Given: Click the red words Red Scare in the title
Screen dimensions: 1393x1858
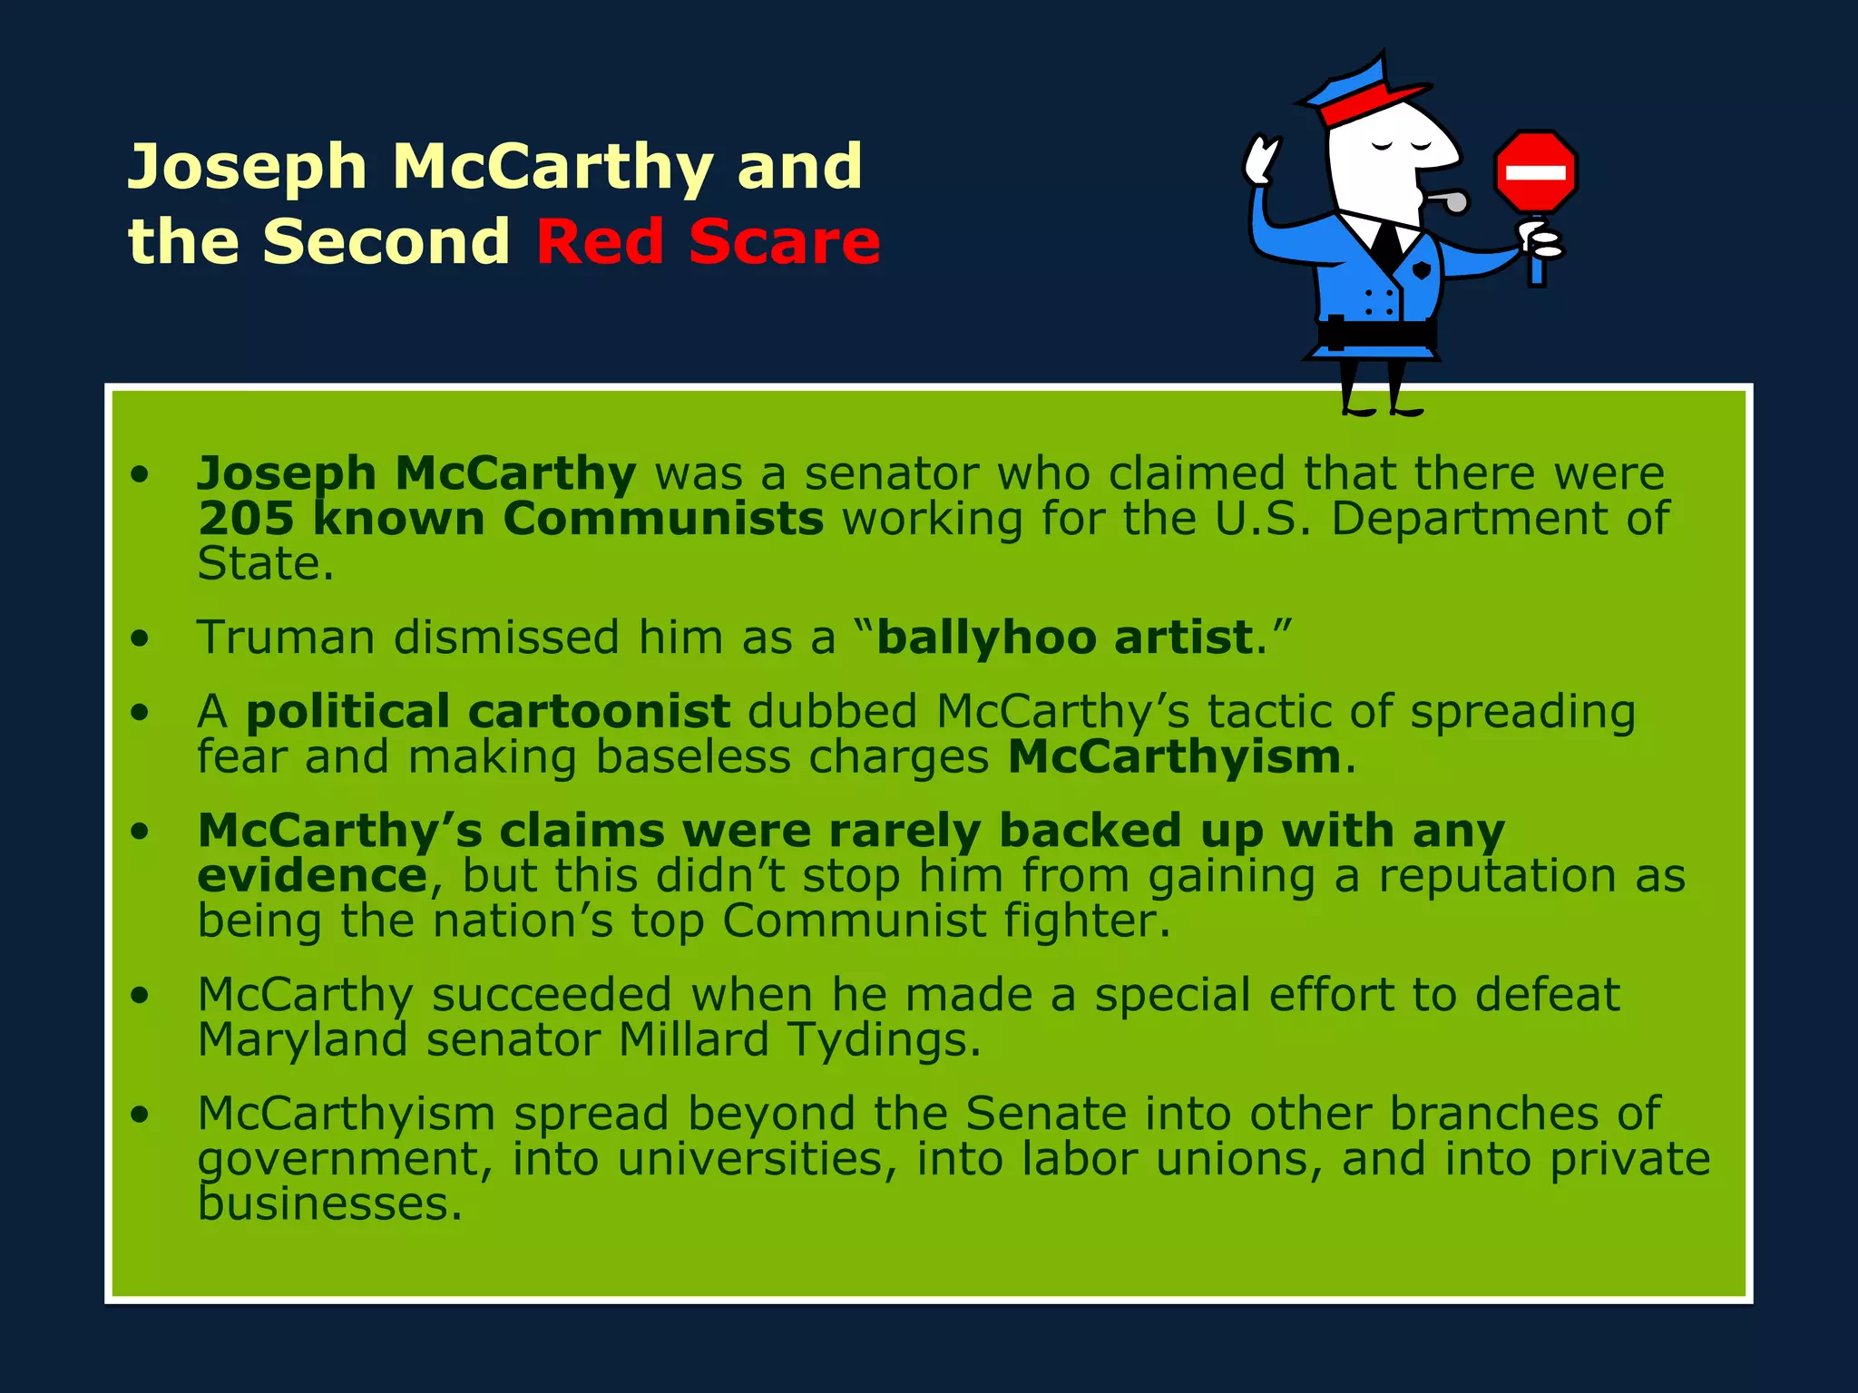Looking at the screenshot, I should click(708, 242).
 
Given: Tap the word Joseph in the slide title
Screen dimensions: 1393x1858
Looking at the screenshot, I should click(247, 167).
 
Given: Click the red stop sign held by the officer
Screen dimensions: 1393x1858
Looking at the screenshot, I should click(1535, 171).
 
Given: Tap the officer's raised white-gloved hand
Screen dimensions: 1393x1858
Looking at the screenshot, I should click(1260, 160).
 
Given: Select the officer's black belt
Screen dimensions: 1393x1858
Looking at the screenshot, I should click(1377, 333).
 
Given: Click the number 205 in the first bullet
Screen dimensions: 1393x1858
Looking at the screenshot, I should click(246, 519).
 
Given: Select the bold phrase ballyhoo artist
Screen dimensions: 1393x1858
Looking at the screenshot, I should click(1064, 638).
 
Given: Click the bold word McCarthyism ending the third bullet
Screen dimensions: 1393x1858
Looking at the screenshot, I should click(1173, 756).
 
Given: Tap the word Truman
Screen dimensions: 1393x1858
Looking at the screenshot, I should click(285, 638).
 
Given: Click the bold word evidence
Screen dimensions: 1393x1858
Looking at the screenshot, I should click(312, 876).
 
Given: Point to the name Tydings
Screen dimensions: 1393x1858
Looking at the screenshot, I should click(883, 1039).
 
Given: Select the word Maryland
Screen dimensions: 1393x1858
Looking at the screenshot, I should click(302, 1039).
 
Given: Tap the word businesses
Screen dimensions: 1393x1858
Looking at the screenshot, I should click(329, 1204).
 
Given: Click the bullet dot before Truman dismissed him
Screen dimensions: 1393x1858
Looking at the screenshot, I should click(139, 638).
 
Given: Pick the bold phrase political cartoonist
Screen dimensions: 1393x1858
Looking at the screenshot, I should click(487, 711).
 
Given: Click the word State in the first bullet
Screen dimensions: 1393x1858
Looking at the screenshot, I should click(265, 564).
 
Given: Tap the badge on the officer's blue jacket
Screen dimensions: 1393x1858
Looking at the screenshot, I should click(1422, 270).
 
